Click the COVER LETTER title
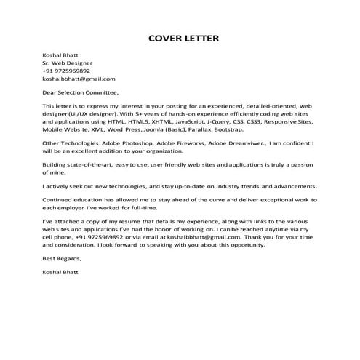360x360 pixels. coord(180,37)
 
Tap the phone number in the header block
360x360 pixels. coord(66,71)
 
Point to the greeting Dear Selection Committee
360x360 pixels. coord(79,93)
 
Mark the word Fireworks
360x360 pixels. coord(193,144)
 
